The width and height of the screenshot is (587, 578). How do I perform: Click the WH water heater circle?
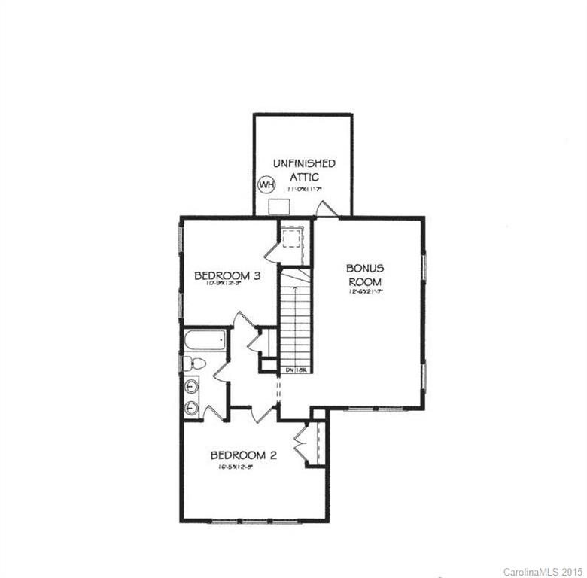(x=266, y=184)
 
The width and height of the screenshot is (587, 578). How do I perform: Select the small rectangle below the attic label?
(x=280, y=205)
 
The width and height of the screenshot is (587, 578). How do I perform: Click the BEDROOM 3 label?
(x=227, y=276)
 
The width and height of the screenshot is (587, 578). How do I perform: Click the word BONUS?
(x=366, y=268)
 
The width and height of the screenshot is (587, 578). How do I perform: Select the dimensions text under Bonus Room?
(x=366, y=291)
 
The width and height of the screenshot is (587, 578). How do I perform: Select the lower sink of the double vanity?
(x=192, y=408)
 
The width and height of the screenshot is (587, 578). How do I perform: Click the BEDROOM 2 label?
(x=245, y=455)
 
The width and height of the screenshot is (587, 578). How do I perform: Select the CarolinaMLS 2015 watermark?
(x=543, y=571)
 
